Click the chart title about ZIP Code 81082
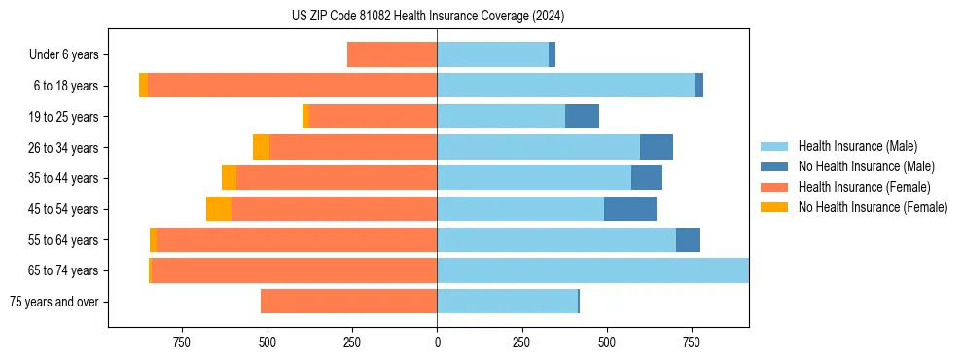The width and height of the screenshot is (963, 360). pos(427,17)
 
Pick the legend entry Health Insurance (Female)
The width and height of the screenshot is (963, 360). pos(864,187)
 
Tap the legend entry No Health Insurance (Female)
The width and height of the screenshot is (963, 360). pos(873,207)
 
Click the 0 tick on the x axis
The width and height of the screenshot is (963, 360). pos(437,342)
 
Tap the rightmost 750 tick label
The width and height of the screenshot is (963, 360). pos(691,342)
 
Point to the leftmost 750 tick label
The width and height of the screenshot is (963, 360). pos(182,342)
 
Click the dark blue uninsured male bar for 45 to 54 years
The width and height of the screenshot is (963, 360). pos(630,209)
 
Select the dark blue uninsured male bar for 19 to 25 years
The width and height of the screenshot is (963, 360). pos(582,117)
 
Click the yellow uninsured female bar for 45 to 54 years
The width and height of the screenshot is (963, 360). pos(219,209)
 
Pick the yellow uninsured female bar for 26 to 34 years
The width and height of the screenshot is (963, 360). pos(261,147)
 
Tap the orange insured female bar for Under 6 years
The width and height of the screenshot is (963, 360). pos(392,55)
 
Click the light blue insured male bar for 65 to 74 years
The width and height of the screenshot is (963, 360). pos(592,270)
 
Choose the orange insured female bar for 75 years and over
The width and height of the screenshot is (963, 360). pos(348,302)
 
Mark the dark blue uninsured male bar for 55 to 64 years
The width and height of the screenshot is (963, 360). pos(688,240)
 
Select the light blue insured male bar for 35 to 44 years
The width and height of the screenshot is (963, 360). pos(534,178)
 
